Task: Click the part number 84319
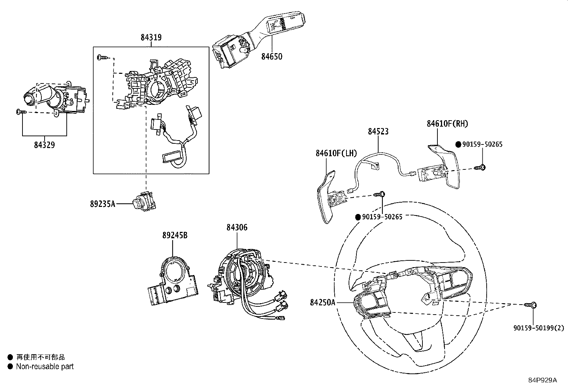(151, 37)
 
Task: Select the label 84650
(272, 56)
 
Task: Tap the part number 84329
(45, 145)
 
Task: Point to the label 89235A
(102, 204)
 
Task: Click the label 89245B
(175, 235)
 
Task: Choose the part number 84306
(237, 228)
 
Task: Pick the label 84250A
(323, 302)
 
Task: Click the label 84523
(378, 131)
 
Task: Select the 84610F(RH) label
(447, 123)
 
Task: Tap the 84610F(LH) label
(336, 153)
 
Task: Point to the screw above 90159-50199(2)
(531, 305)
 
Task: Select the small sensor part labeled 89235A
(143, 202)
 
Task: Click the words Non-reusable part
(45, 366)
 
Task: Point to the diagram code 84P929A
(542, 380)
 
